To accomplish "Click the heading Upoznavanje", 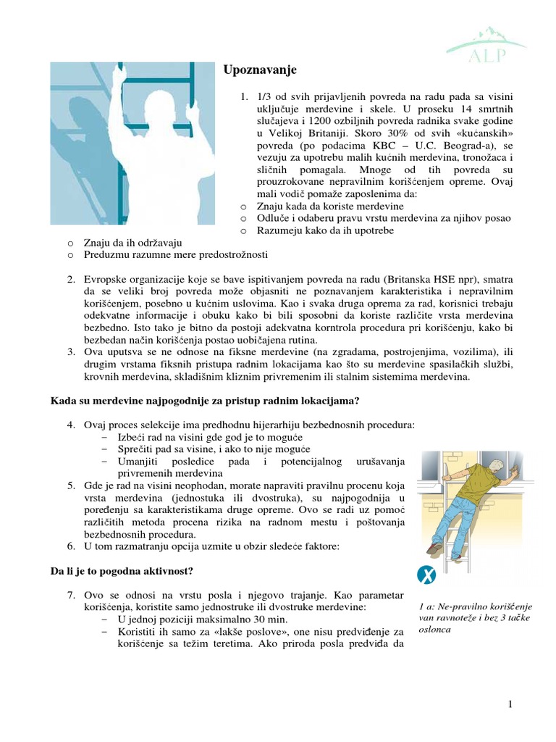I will pyautogui.click(x=259, y=70).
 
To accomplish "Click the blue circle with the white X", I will pyautogui.click(x=427, y=576).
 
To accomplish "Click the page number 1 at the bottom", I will pyautogui.click(x=510, y=704).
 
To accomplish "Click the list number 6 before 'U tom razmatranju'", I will pyautogui.click(x=72, y=545).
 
